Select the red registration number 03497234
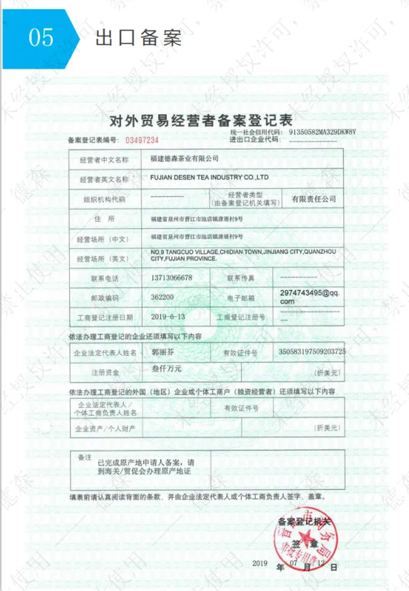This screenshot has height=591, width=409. (x=142, y=140)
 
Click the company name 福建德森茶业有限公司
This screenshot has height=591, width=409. (x=183, y=158)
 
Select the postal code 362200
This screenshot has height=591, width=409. (x=163, y=296)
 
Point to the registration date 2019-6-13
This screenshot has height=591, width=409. (x=168, y=315)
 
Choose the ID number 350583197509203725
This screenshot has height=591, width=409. (x=311, y=351)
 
